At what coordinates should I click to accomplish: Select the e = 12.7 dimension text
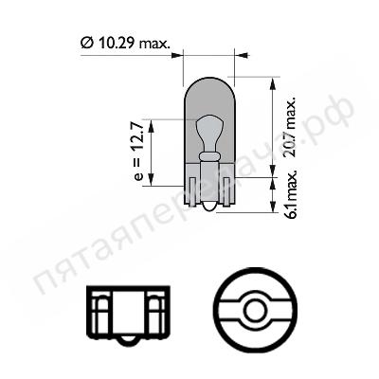(139, 152)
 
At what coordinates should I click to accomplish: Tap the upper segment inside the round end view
(252, 287)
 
